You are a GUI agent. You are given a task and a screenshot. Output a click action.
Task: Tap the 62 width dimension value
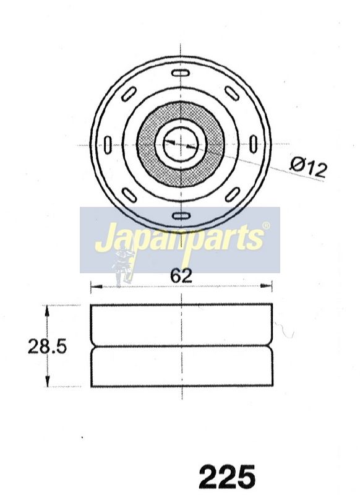click(181, 275)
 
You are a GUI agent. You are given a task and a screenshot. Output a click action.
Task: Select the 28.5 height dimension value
click(48, 346)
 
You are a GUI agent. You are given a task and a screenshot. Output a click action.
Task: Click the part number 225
click(227, 476)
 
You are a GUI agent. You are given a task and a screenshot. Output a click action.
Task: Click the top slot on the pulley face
click(181, 73)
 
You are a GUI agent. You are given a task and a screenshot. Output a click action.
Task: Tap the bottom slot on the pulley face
click(181, 216)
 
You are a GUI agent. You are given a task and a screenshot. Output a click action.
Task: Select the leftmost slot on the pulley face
click(108, 145)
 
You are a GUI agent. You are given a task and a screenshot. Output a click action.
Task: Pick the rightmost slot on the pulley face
click(253, 144)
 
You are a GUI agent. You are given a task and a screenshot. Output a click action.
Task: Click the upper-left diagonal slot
click(129, 94)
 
